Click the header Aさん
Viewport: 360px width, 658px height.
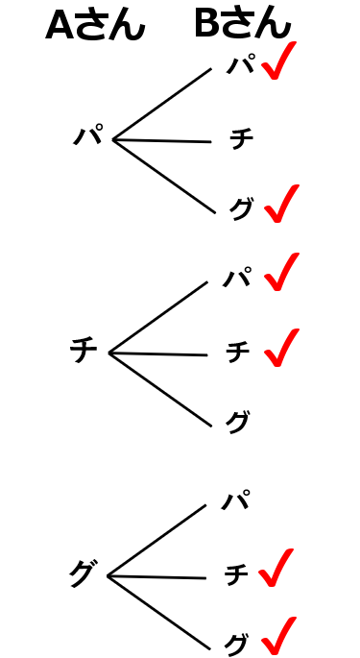click(94, 26)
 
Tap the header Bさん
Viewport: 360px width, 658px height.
click(242, 24)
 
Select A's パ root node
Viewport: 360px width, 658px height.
click(87, 136)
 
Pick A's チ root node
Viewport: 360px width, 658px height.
click(84, 351)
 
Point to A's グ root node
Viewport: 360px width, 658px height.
click(82, 573)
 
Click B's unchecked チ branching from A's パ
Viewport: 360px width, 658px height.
click(241, 139)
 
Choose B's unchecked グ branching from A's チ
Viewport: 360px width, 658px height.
click(237, 421)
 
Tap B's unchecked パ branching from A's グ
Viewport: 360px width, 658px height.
click(235, 500)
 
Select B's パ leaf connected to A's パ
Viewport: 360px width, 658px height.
click(240, 66)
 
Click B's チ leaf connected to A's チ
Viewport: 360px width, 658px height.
click(237, 353)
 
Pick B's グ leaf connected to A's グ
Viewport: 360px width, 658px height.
click(236, 643)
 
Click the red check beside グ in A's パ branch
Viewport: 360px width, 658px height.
click(280, 204)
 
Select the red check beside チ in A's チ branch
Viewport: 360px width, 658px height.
click(280, 348)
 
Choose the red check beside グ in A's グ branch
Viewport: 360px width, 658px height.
click(277, 636)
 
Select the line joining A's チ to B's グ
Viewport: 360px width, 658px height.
click(158, 389)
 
